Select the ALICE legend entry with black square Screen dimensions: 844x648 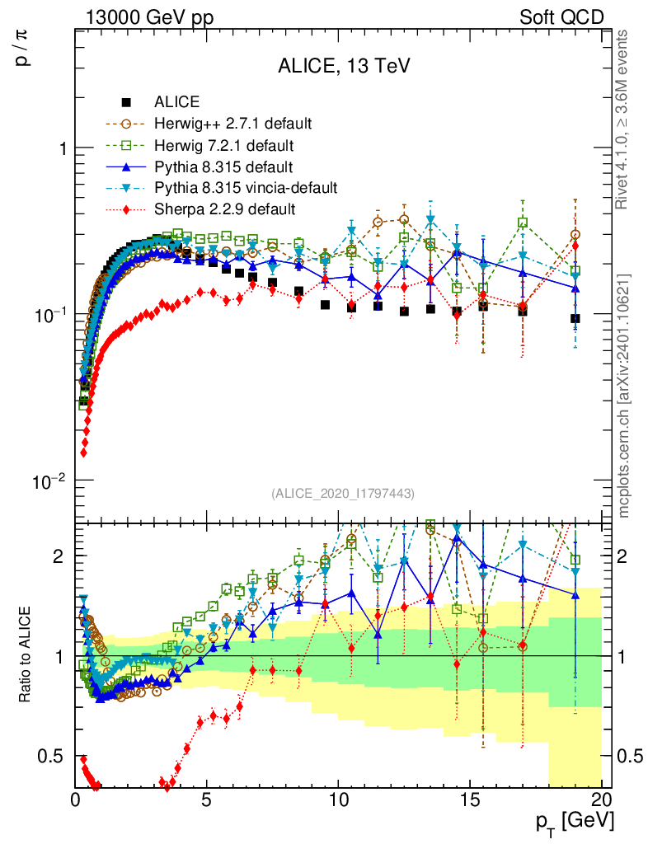click(x=176, y=103)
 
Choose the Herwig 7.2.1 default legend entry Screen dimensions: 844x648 click(x=224, y=146)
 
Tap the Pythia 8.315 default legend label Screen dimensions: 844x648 click(x=224, y=167)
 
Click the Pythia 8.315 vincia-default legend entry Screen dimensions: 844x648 click(x=246, y=189)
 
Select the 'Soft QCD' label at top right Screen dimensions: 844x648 click(x=561, y=16)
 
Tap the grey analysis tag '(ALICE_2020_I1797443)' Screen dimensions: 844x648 click(x=342, y=493)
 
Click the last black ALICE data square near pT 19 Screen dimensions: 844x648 click(x=575, y=319)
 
